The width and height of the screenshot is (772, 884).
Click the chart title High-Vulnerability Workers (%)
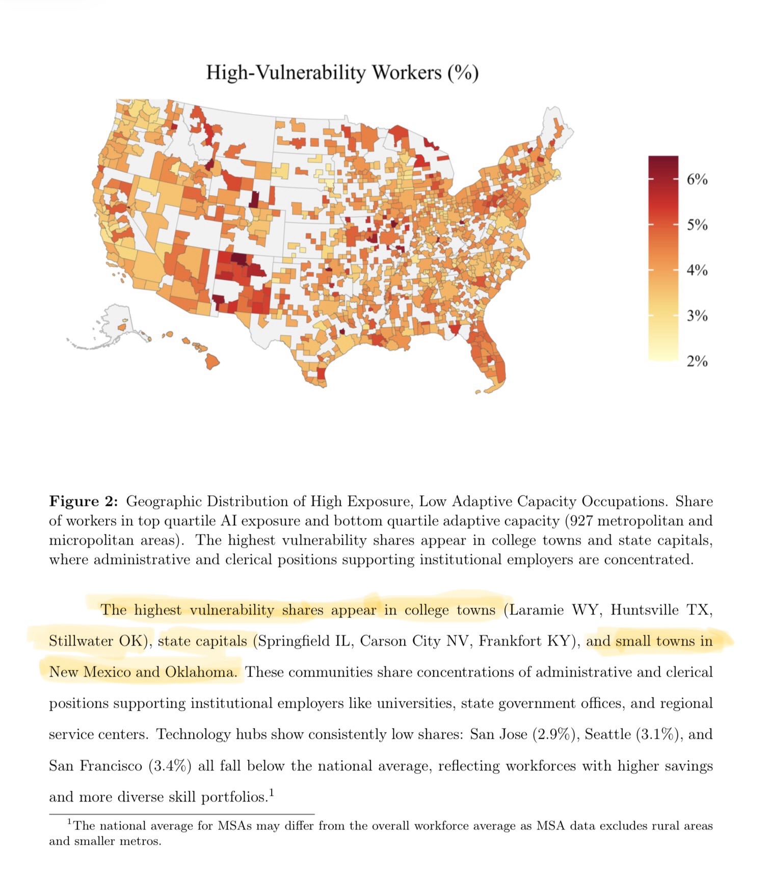tap(342, 72)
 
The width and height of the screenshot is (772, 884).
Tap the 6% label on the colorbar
tap(697, 179)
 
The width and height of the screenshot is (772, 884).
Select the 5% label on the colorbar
tap(697, 225)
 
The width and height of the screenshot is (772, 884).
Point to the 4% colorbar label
tap(697, 270)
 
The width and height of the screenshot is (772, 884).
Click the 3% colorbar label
tap(697, 315)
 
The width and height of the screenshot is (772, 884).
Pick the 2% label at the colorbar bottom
tap(697, 361)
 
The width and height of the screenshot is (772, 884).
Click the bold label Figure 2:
tap(84, 501)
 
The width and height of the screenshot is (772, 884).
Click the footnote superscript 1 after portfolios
tap(272, 792)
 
